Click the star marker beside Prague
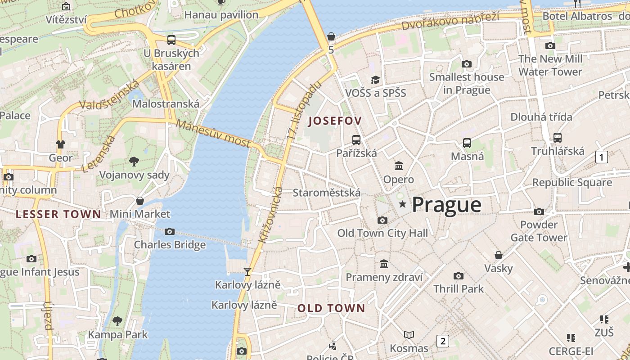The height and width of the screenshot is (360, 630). [403, 204]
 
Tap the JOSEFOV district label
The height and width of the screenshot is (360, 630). [335, 121]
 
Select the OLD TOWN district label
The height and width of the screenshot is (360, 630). [331, 308]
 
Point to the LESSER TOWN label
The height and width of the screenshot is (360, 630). [58, 214]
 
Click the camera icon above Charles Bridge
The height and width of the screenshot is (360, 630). [170, 231]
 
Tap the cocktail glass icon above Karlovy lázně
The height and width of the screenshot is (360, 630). [247, 271]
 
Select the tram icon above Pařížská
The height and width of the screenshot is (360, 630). [356, 139]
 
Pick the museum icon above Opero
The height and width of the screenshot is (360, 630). [399, 166]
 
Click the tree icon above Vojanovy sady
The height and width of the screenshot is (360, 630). [134, 161]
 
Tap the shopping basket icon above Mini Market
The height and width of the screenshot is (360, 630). [140, 200]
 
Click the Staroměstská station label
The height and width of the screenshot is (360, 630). [326, 193]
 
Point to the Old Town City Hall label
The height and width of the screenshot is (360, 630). [382, 233]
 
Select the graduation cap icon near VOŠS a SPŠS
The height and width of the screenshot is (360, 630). [375, 80]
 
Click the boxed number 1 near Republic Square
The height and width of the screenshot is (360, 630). [601, 157]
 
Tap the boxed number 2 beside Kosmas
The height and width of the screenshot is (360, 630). [443, 341]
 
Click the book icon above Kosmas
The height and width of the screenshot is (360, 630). [409, 335]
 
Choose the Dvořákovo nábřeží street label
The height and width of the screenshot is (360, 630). [450, 21]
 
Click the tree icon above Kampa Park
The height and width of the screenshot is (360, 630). [117, 321]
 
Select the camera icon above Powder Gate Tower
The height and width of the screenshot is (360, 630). [539, 211]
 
